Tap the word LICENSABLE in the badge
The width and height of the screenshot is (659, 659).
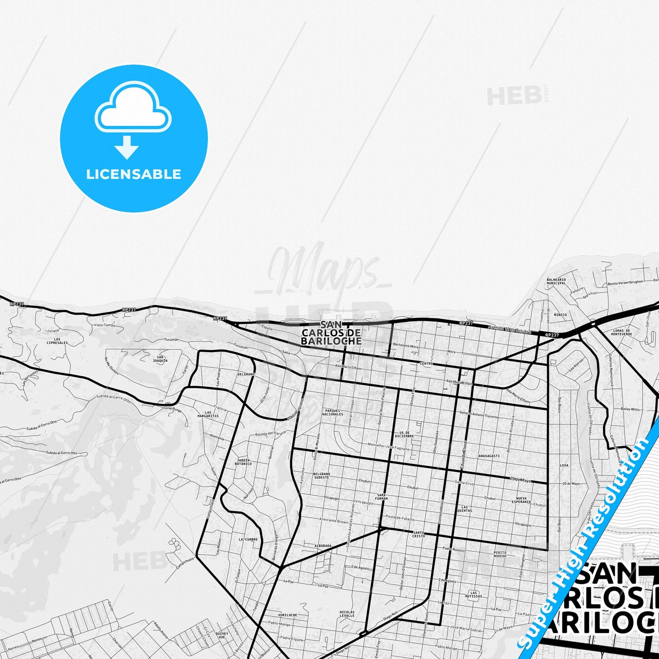134,174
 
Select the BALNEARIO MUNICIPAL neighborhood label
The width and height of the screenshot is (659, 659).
556,281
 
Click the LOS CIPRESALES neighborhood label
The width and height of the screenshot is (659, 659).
57,341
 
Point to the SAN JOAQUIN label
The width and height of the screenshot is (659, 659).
160,358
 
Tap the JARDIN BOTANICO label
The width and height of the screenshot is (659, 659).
243,462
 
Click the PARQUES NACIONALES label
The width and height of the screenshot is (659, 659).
332,412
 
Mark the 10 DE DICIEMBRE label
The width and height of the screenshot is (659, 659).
404,434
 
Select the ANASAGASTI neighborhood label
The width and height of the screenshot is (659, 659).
489,456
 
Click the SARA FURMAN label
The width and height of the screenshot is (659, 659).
381,497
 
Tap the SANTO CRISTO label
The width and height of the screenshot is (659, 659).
418,534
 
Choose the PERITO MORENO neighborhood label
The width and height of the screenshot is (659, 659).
499,554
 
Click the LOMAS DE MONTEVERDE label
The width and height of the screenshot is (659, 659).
622,332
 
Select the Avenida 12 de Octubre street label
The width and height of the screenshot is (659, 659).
509,329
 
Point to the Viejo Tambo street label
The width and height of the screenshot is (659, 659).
104,325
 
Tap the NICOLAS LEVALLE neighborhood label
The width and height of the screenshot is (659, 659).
347,613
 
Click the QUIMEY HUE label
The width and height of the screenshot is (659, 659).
222,635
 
